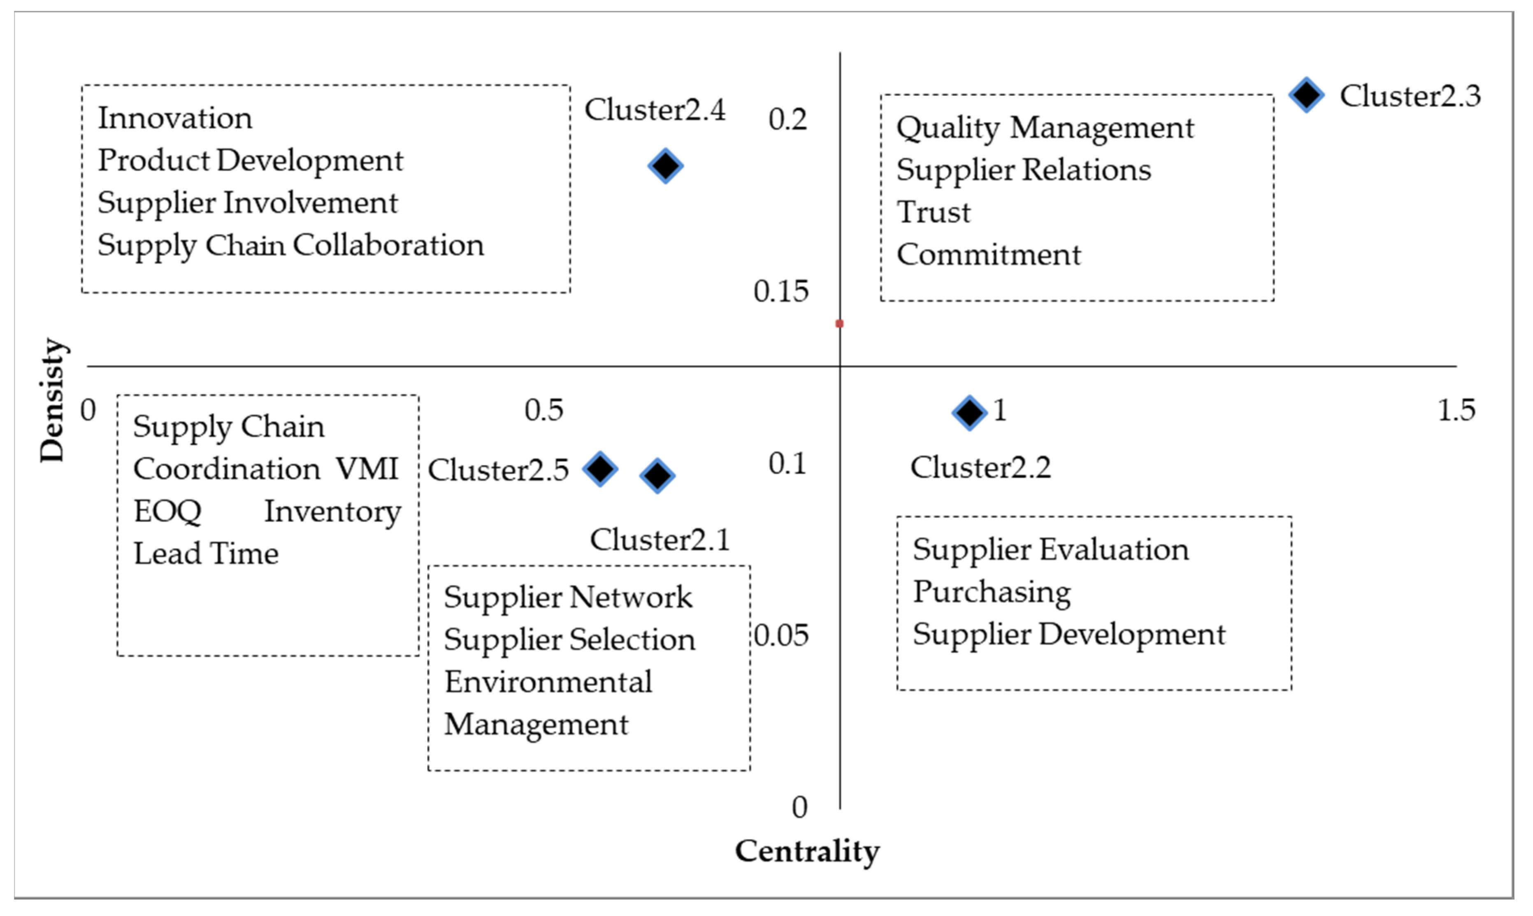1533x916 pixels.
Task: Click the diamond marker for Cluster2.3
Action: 1306,95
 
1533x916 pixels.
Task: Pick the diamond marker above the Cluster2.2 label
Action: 969,412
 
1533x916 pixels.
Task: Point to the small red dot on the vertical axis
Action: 839,323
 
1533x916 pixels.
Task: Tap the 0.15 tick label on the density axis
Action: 781,291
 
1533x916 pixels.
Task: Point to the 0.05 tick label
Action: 781,636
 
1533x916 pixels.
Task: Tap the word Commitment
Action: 989,254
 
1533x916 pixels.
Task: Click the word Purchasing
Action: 992,592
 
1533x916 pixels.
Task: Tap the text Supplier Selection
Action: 569,639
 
